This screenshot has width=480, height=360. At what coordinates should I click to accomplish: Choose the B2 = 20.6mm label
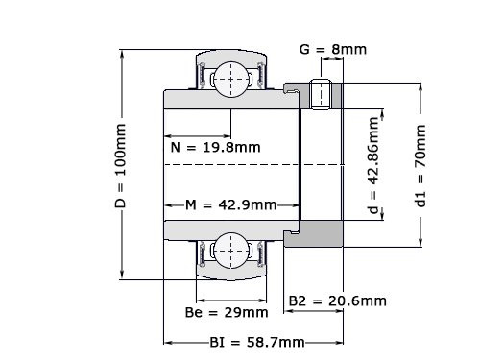tap(338, 300)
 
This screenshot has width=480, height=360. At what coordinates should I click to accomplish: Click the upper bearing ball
tap(231, 77)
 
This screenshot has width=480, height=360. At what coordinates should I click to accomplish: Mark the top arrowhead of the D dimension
tap(122, 51)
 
